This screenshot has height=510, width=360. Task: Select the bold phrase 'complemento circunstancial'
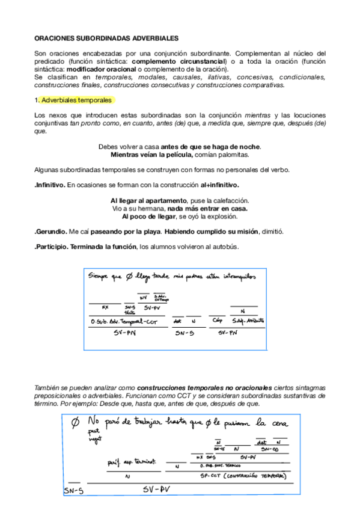click(x=178, y=61)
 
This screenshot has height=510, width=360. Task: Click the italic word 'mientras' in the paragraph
click(x=257, y=115)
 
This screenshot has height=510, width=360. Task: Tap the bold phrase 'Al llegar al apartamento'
click(x=150, y=200)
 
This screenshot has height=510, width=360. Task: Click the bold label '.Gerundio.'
click(x=50, y=232)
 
